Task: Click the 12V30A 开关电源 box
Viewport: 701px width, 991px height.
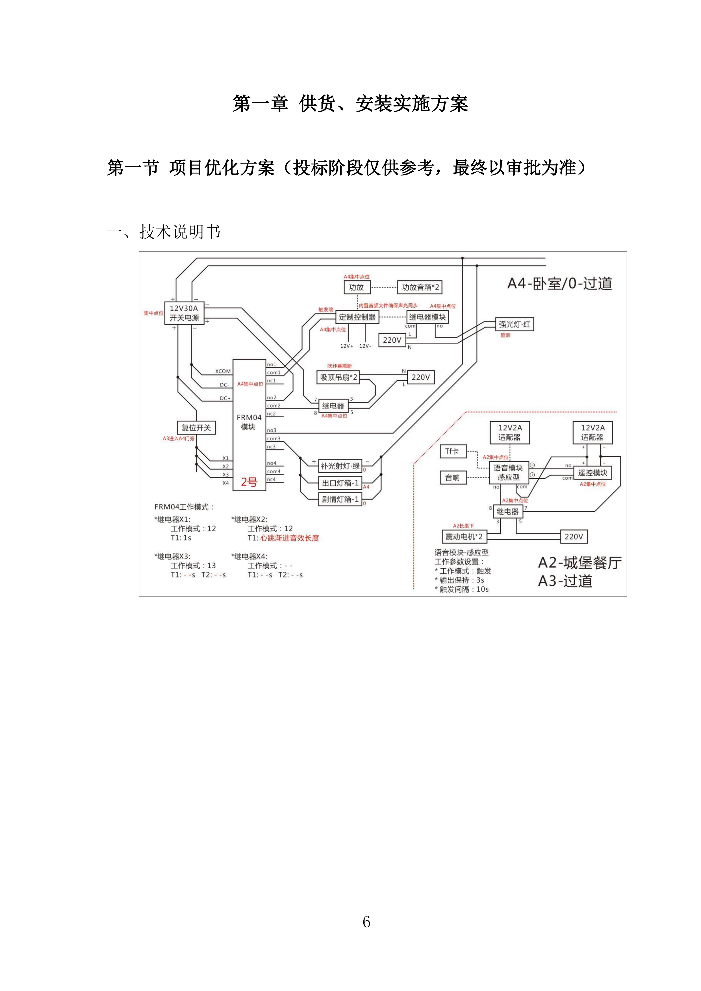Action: pyautogui.click(x=184, y=313)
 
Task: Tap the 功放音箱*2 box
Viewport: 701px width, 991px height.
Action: pyautogui.click(x=420, y=288)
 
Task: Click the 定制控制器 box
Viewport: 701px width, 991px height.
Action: pyautogui.click(x=357, y=317)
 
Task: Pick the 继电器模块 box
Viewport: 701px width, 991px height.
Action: pyautogui.click(x=427, y=317)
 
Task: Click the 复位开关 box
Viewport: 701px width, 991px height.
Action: pyautogui.click(x=196, y=428)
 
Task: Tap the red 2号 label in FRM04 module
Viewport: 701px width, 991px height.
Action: pyautogui.click(x=249, y=482)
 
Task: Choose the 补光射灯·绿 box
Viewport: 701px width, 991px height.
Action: pyautogui.click(x=340, y=466)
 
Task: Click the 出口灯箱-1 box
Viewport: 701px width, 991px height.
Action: pyautogui.click(x=340, y=483)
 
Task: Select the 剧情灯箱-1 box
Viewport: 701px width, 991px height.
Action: pyautogui.click(x=340, y=499)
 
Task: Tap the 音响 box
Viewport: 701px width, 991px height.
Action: pyautogui.click(x=453, y=478)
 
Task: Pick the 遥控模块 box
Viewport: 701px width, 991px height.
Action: pyautogui.click(x=593, y=473)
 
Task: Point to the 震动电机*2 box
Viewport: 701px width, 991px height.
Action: pyautogui.click(x=464, y=537)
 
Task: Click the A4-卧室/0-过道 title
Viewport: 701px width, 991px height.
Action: pyautogui.click(x=559, y=284)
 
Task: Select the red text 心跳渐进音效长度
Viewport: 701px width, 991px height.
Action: pyautogui.click(x=289, y=538)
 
